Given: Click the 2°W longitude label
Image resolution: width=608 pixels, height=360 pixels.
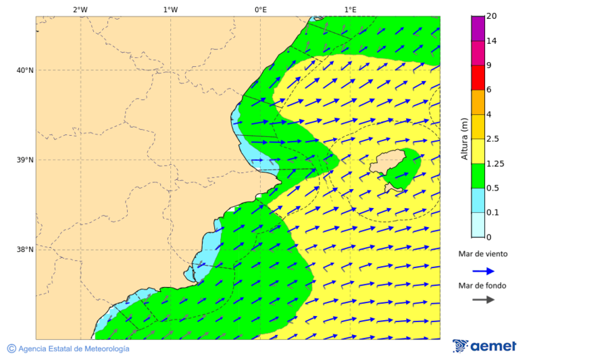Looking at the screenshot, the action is pyautogui.click(x=80, y=9).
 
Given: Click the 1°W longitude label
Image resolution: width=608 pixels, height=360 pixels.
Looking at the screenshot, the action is pyautogui.click(x=170, y=9).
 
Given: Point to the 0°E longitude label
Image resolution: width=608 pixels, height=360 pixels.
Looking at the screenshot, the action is pyautogui.click(x=260, y=9).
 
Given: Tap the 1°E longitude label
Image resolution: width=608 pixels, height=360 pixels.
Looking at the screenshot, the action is pyautogui.click(x=351, y=9).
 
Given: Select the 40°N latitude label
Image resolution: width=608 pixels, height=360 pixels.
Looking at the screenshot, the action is pyautogui.click(x=25, y=70).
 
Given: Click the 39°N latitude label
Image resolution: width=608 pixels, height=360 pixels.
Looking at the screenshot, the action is pyautogui.click(x=25, y=160).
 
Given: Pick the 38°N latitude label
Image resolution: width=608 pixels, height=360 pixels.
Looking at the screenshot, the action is pyautogui.click(x=25, y=250).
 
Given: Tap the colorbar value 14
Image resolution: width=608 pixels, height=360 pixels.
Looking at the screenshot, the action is pyautogui.click(x=491, y=41).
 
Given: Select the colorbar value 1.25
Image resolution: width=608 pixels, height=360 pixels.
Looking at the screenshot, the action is pyautogui.click(x=496, y=163).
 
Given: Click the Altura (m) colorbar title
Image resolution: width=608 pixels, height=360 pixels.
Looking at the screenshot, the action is pyautogui.click(x=464, y=138).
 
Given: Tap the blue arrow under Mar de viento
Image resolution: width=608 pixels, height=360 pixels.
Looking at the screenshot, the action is pyautogui.click(x=482, y=271).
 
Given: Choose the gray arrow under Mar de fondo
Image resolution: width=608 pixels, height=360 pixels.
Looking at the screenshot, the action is pyautogui.click(x=482, y=300).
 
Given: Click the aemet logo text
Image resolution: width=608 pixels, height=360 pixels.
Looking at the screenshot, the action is pyautogui.click(x=492, y=346).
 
